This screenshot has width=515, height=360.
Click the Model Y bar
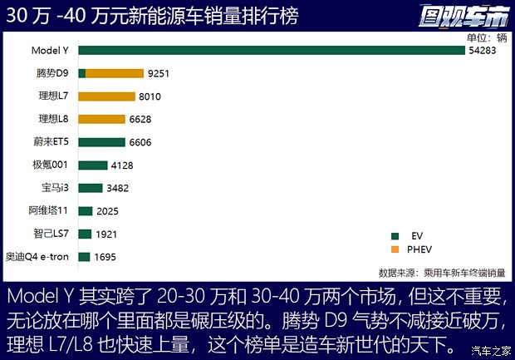(272, 51)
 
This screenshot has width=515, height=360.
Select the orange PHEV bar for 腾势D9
(115, 73)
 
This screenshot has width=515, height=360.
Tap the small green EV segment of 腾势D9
(82, 73)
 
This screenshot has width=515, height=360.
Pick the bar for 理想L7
(106, 96)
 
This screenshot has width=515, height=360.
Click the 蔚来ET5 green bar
(101, 142)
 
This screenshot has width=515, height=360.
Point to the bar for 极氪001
(93, 165)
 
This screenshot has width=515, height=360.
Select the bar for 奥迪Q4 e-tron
(84, 256)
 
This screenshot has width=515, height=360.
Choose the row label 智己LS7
(52, 234)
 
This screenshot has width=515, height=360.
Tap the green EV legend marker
(394, 236)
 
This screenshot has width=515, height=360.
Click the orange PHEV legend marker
(394, 249)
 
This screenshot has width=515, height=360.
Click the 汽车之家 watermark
(489, 349)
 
